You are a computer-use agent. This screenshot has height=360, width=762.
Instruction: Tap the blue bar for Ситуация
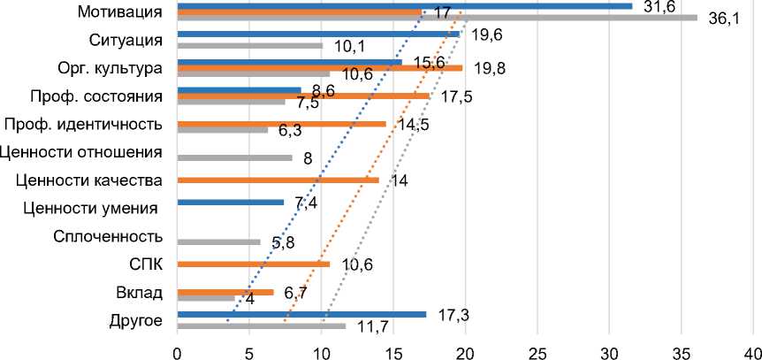[x=318, y=34]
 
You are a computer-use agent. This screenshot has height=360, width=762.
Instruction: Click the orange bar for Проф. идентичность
[x=282, y=125]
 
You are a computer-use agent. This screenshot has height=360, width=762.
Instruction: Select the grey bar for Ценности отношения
[x=235, y=158]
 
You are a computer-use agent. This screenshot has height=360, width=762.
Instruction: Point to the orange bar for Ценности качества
[x=278, y=180]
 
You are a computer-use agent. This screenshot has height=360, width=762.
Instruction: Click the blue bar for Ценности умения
[x=231, y=203]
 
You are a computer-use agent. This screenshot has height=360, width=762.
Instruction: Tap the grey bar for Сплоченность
[x=219, y=241]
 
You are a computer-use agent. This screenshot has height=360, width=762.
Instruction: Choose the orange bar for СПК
[x=254, y=264]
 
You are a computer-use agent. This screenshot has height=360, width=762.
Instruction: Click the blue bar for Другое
[x=301, y=314]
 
